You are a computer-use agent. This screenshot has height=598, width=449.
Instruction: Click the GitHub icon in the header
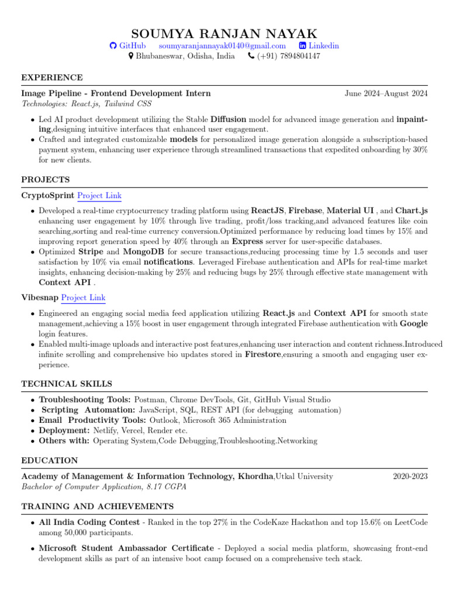[x=113, y=46]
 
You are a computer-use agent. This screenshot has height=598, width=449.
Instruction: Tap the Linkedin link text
[x=323, y=46]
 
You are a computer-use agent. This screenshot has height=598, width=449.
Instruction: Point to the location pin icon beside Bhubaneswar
[x=131, y=56]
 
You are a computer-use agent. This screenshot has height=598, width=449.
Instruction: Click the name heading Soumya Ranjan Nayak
[x=224, y=33]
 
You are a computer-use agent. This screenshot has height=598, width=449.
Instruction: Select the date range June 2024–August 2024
[x=386, y=93]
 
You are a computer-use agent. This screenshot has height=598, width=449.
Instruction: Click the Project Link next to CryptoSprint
[x=99, y=196]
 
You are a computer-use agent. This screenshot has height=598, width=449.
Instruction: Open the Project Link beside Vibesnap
[x=83, y=298]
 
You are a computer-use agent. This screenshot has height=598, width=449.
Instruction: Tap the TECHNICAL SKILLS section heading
[x=67, y=384]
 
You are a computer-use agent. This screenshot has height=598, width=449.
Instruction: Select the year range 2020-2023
[x=410, y=477]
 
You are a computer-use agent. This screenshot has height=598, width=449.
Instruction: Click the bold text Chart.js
[x=411, y=210]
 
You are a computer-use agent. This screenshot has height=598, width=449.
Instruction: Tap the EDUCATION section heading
[x=50, y=461]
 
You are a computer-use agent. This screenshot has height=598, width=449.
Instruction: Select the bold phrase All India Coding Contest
[x=89, y=522]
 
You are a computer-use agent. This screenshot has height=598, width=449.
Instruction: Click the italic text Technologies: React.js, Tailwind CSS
[x=87, y=104]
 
